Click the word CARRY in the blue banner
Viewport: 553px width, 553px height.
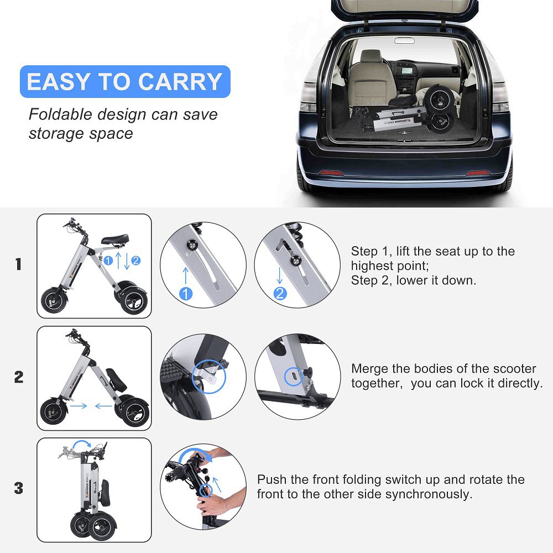(180, 81)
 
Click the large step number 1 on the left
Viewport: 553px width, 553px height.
(19, 264)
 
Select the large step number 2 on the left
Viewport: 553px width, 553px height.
(19, 377)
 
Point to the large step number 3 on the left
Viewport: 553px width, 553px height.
(19, 488)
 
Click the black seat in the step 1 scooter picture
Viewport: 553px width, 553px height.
(115, 239)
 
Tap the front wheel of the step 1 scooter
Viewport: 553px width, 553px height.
(54, 300)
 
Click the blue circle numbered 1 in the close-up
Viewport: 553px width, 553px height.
(186, 294)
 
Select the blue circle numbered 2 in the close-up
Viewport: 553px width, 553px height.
(280, 294)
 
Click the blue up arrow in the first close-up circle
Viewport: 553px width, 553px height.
(186, 275)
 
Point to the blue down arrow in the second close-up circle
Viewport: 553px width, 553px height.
(280, 275)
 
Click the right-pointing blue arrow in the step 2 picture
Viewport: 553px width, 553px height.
(79, 406)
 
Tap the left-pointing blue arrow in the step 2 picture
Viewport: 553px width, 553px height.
(104, 406)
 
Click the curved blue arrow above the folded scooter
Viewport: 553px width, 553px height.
(82, 444)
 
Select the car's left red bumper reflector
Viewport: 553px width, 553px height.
(331, 173)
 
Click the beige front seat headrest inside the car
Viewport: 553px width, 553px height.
(371, 56)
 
